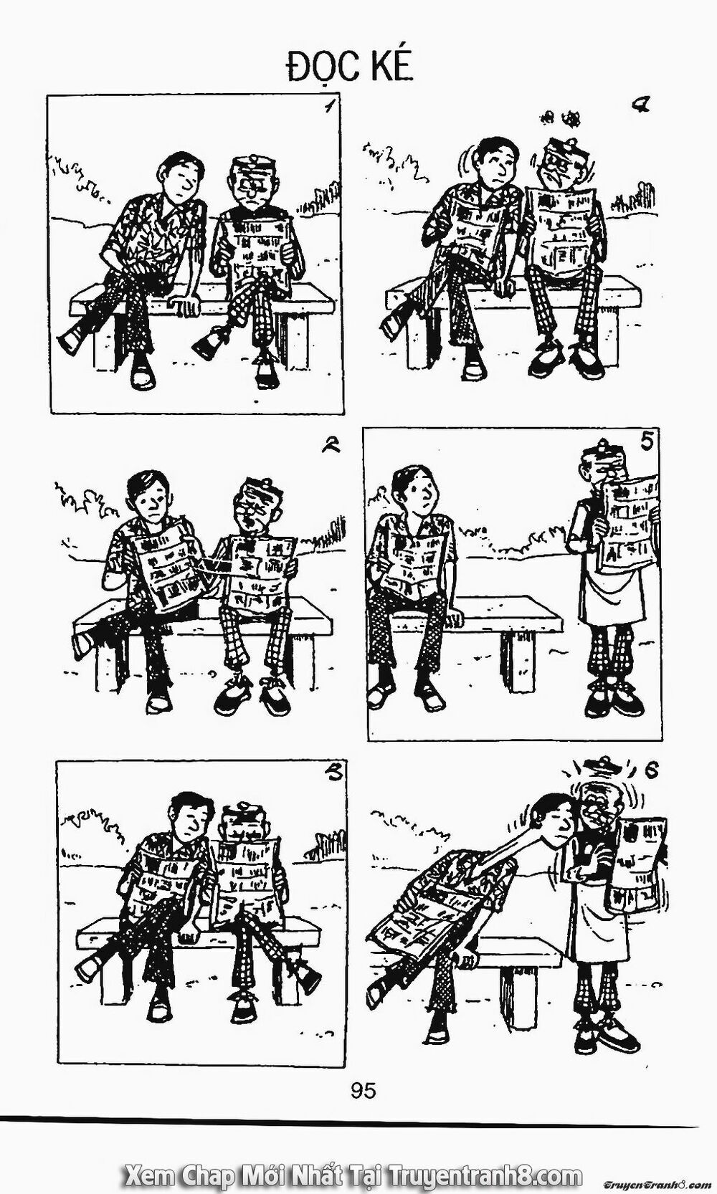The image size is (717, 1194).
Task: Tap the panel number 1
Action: click(328, 110)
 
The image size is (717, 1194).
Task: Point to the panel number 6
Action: click(651, 771)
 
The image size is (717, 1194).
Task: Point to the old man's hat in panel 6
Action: click(601, 767)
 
